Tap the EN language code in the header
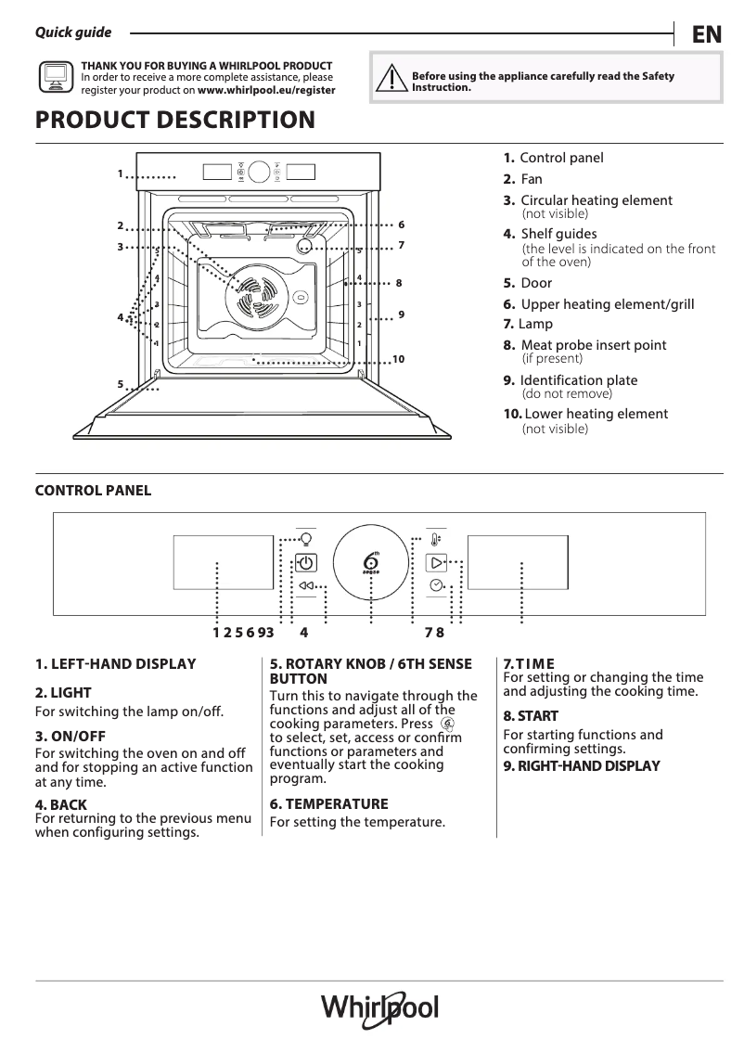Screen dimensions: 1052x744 point(706,34)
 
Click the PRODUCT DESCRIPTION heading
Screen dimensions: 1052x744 point(174,121)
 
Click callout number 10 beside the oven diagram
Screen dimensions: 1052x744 point(398,359)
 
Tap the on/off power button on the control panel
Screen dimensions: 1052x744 point(306,562)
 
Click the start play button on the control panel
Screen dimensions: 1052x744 point(436,562)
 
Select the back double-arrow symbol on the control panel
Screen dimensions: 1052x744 point(307,585)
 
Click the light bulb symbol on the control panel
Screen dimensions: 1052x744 point(306,539)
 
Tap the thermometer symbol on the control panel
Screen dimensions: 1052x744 point(436,539)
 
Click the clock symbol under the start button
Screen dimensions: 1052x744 point(436,585)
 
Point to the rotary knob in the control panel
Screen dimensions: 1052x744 point(371,563)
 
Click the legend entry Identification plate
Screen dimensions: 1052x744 point(578,380)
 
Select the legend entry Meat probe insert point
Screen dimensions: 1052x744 point(593,345)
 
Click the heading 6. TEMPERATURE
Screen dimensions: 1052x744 point(328,803)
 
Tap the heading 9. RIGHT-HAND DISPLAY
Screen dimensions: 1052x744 point(581,765)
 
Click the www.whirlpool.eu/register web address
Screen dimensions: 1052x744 point(266,91)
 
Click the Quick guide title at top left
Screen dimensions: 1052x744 point(72,32)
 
